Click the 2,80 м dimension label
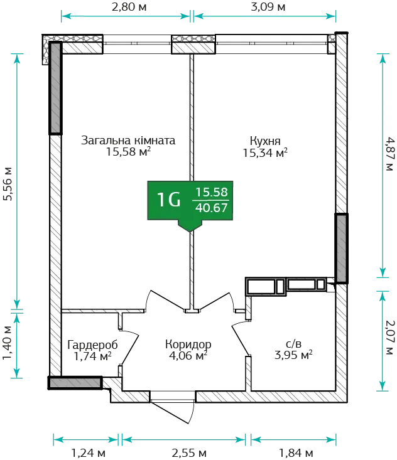click(129, 7)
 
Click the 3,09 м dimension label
click(268, 7)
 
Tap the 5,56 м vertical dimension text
click(8, 184)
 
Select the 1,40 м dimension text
click(8, 343)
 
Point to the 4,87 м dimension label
click(390, 154)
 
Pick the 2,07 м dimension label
click(390, 338)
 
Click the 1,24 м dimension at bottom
click(89, 453)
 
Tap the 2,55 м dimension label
click(189, 453)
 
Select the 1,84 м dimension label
click(296, 453)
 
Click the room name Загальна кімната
click(128, 140)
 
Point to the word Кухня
click(265, 141)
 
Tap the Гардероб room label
click(92, 345)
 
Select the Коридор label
click(188, 345)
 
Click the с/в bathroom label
click(293, 343)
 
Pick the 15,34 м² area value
click(265, 153)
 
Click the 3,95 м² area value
click(293, 355)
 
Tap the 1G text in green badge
click(169, 200)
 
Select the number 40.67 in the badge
click(212, 208)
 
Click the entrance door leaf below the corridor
click(172, 413)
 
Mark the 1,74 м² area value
click(92, 356)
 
